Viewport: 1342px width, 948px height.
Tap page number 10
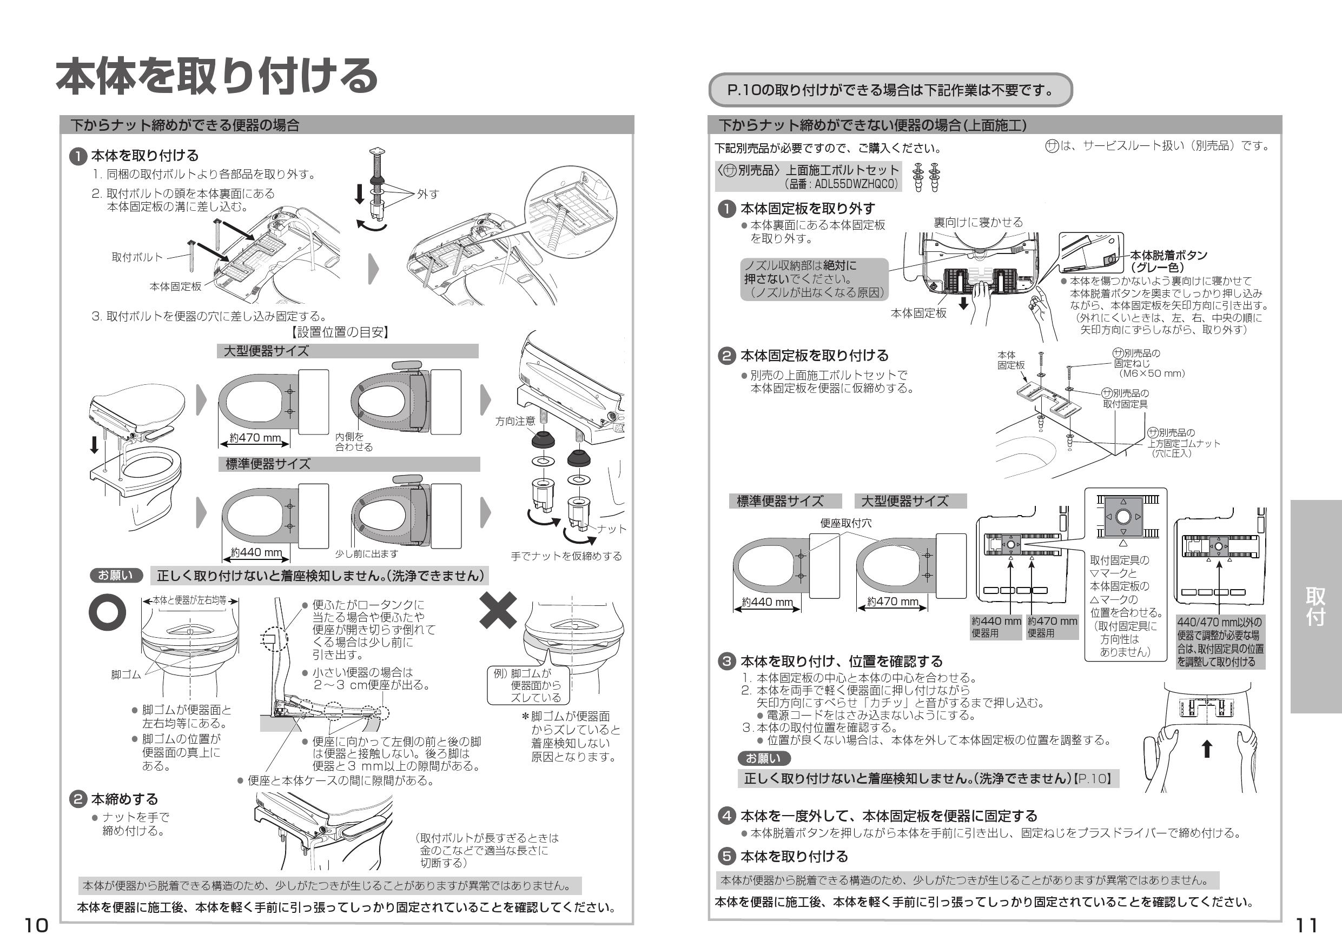pos(36,925)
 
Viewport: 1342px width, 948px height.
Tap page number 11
pos(1306,925)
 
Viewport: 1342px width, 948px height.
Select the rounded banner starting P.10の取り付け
pos(890,90)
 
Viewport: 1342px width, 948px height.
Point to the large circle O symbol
pos(107,612)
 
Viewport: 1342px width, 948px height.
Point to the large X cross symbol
pos(498,610)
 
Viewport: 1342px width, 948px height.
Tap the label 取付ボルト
pos(137,257)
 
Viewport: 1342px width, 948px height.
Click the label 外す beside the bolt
pos(428,194)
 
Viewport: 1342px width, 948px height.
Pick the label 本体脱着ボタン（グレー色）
pos(1168,261)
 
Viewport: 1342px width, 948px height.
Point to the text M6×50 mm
pos(1152,373)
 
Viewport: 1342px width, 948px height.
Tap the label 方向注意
pos(515,421)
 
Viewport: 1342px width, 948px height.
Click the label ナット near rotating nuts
pos(611,529)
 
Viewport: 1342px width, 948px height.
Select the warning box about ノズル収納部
pos(814,279)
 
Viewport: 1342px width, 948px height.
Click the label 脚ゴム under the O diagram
pos(125,675)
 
